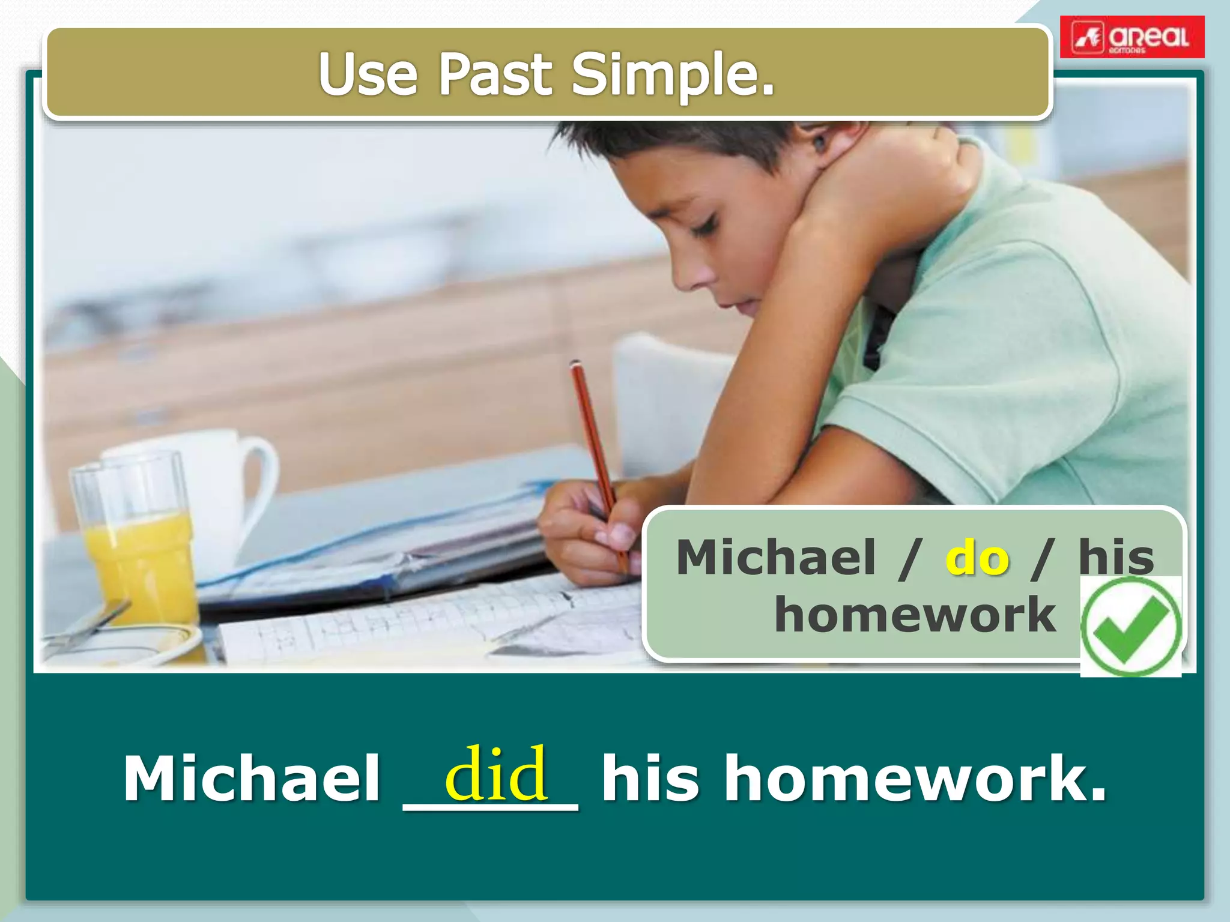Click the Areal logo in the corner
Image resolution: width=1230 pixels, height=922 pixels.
1132,37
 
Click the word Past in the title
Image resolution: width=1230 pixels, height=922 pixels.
494,74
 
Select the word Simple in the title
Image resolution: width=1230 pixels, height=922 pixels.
673,76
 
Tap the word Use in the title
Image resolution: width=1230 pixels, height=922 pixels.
368,74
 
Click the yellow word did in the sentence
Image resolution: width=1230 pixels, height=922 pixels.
496,774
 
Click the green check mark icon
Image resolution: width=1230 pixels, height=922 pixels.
1130,627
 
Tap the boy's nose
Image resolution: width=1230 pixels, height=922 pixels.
682,273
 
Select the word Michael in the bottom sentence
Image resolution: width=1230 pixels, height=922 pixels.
252,779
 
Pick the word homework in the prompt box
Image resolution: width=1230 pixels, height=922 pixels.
915,615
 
